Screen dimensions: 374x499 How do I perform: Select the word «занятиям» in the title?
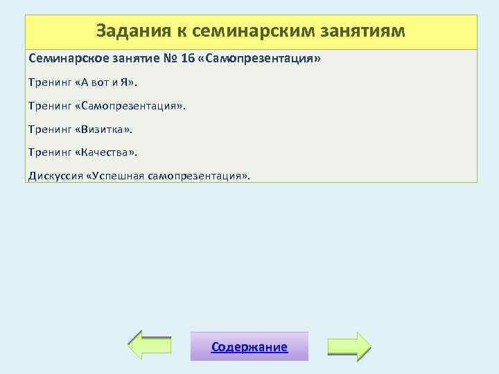367,32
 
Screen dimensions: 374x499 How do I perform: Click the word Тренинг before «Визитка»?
49,129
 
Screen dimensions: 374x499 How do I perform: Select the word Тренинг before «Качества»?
49,152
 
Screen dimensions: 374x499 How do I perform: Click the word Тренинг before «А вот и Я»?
49,82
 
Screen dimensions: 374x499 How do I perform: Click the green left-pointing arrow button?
150,346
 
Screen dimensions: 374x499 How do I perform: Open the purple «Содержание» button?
249,347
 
